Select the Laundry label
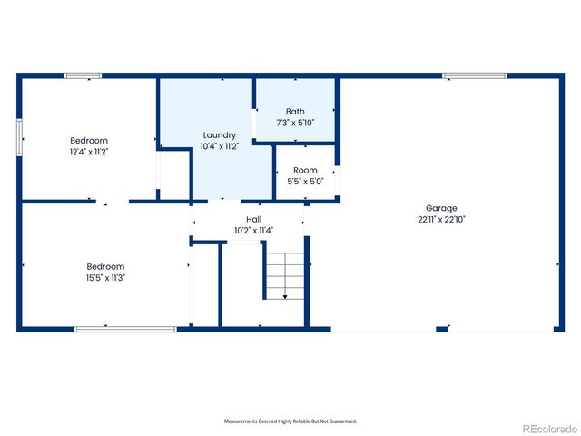tap(219, 134)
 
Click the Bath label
tap(295, 111)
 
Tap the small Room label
tap(305, 170)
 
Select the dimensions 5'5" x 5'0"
tap(305, 181)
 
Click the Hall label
tap(254, 220)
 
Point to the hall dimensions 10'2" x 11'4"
tap(254, 231)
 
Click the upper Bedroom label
tap(89, 141)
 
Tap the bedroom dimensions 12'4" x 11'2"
tap(89, 152)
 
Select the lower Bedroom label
tap(100, 266)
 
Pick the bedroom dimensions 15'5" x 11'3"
tap(100, 277)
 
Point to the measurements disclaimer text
tap(290, 421)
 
